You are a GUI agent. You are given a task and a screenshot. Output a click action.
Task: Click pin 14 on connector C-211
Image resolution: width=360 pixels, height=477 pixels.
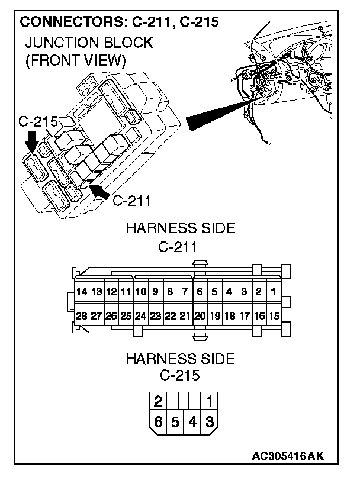pyautogui.click(x=82, y=291)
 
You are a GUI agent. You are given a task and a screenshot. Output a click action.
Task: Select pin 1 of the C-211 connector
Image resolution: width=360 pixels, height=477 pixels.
pyautogui.click(x=274, y=291)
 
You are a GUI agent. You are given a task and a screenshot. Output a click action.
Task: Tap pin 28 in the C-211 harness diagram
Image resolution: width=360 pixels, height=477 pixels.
pyautogui.click(x=82, y=316)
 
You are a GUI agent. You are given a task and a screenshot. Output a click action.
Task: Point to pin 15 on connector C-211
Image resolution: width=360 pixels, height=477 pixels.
pyautogui.click(x=274, y=316)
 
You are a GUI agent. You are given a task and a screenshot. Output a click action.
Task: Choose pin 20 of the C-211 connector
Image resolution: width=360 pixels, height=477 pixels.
pyautogui.click(x=200, y=316)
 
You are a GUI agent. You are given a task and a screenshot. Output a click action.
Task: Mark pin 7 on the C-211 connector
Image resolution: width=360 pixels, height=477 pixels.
pyautogui.click(x=185, y=291)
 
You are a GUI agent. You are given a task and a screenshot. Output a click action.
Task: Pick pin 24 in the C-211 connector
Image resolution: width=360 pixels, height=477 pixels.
pyautogui.click(x=140, y=316)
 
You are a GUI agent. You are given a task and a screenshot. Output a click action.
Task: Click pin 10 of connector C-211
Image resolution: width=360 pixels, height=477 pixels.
pyautogui.click(x=140, y=291)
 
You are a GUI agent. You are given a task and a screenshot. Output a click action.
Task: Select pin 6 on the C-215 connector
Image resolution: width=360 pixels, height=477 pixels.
pyautogui.click(x=157, y=422)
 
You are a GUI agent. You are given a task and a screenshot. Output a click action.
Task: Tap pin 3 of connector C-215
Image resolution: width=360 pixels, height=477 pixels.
pyautogui.click(x=210, y=422)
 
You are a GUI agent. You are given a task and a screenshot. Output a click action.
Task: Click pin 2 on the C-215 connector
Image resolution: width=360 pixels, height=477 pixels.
pyautogui.click(x=157, y=401)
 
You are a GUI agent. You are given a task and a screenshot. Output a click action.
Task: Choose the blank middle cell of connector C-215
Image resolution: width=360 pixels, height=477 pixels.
pyautogui.click(x=184, y=401)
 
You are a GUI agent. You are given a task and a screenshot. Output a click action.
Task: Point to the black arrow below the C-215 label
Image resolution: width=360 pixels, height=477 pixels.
pyautogui.click(x=32, y=143)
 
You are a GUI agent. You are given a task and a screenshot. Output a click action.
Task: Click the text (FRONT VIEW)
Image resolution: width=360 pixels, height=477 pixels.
pyautogui.click(x=75, y=60)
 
